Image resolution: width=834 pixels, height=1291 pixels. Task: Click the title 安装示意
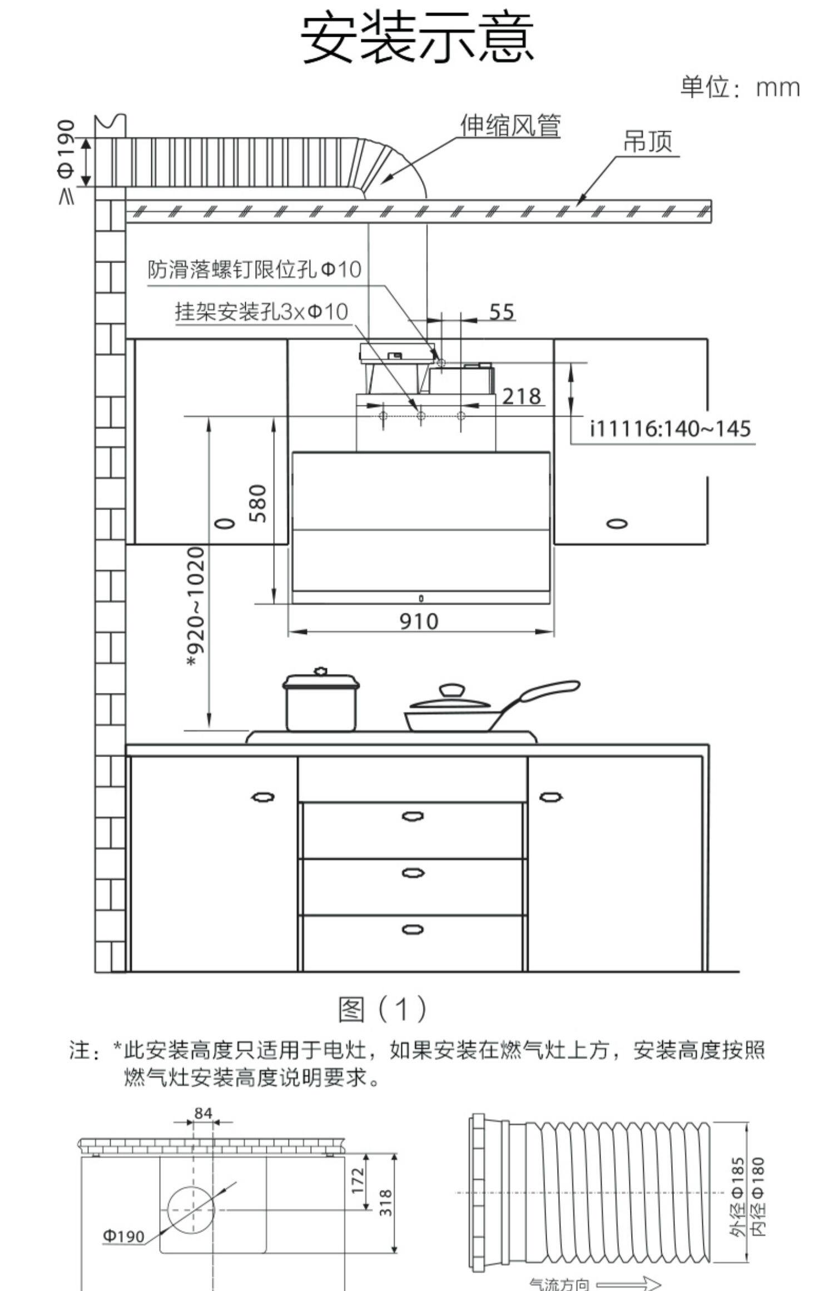(x=417, y=38)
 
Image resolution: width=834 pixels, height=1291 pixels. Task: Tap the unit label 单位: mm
(x=740, y=88)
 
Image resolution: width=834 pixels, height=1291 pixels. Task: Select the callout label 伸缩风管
(x=510, y=126)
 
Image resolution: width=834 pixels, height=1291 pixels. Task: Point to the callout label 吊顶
(x=647, y=141)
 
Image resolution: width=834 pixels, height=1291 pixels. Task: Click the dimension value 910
(x=419, y=621)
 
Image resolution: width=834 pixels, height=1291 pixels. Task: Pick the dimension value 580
(x=259, y=503)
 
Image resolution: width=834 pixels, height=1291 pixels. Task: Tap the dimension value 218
(x=521, y=396)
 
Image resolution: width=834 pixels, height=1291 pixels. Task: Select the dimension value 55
(x=502, y=312)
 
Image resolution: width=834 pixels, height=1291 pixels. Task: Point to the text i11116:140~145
(x=670, y=429)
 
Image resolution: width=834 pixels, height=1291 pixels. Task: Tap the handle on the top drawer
(x=412, y=816)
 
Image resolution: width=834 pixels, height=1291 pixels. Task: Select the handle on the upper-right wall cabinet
(x=617, y=523)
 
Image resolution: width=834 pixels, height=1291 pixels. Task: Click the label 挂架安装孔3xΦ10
(x=261, y=312)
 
